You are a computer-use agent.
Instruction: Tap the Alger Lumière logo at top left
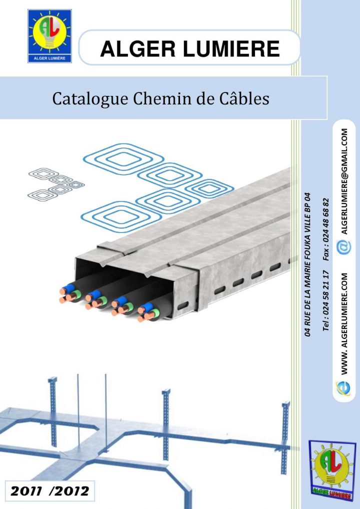coord(49,37)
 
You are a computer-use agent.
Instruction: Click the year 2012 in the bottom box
coord(73,491)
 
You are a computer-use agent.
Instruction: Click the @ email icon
coord(343,247)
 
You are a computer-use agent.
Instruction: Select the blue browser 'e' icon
coord(344,387)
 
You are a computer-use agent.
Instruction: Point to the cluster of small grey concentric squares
coord(55,183)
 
